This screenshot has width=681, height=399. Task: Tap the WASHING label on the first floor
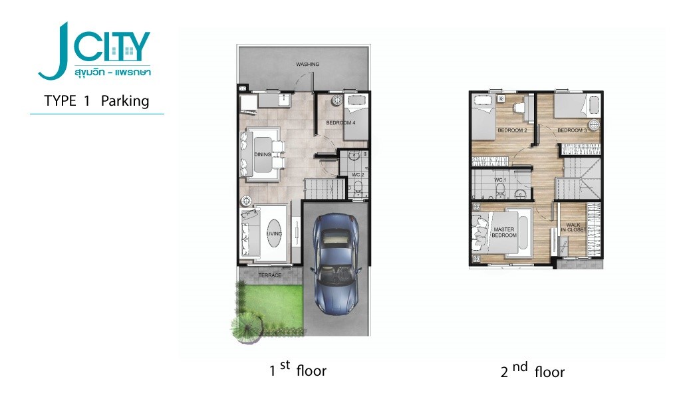tap(308, 65)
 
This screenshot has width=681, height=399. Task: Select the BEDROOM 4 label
tap(339, 123)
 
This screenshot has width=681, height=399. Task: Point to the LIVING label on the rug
tap(273, 233)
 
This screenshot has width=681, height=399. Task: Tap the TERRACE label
tap(269, 275)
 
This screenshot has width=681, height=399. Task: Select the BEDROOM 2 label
tap(512, 130)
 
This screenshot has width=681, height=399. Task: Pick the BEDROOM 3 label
tap(572, 130)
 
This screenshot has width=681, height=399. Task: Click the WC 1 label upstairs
tap(500, 180)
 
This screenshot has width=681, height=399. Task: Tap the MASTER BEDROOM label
tap(504, 233)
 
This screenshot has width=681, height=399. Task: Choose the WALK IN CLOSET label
tap(574, 227)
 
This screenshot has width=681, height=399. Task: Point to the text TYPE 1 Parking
tap(96, 102)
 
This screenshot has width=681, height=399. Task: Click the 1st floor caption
tap(298, 370)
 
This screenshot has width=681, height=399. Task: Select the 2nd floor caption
tap(532, 370)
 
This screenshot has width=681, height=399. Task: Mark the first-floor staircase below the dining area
tap(325, 189)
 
